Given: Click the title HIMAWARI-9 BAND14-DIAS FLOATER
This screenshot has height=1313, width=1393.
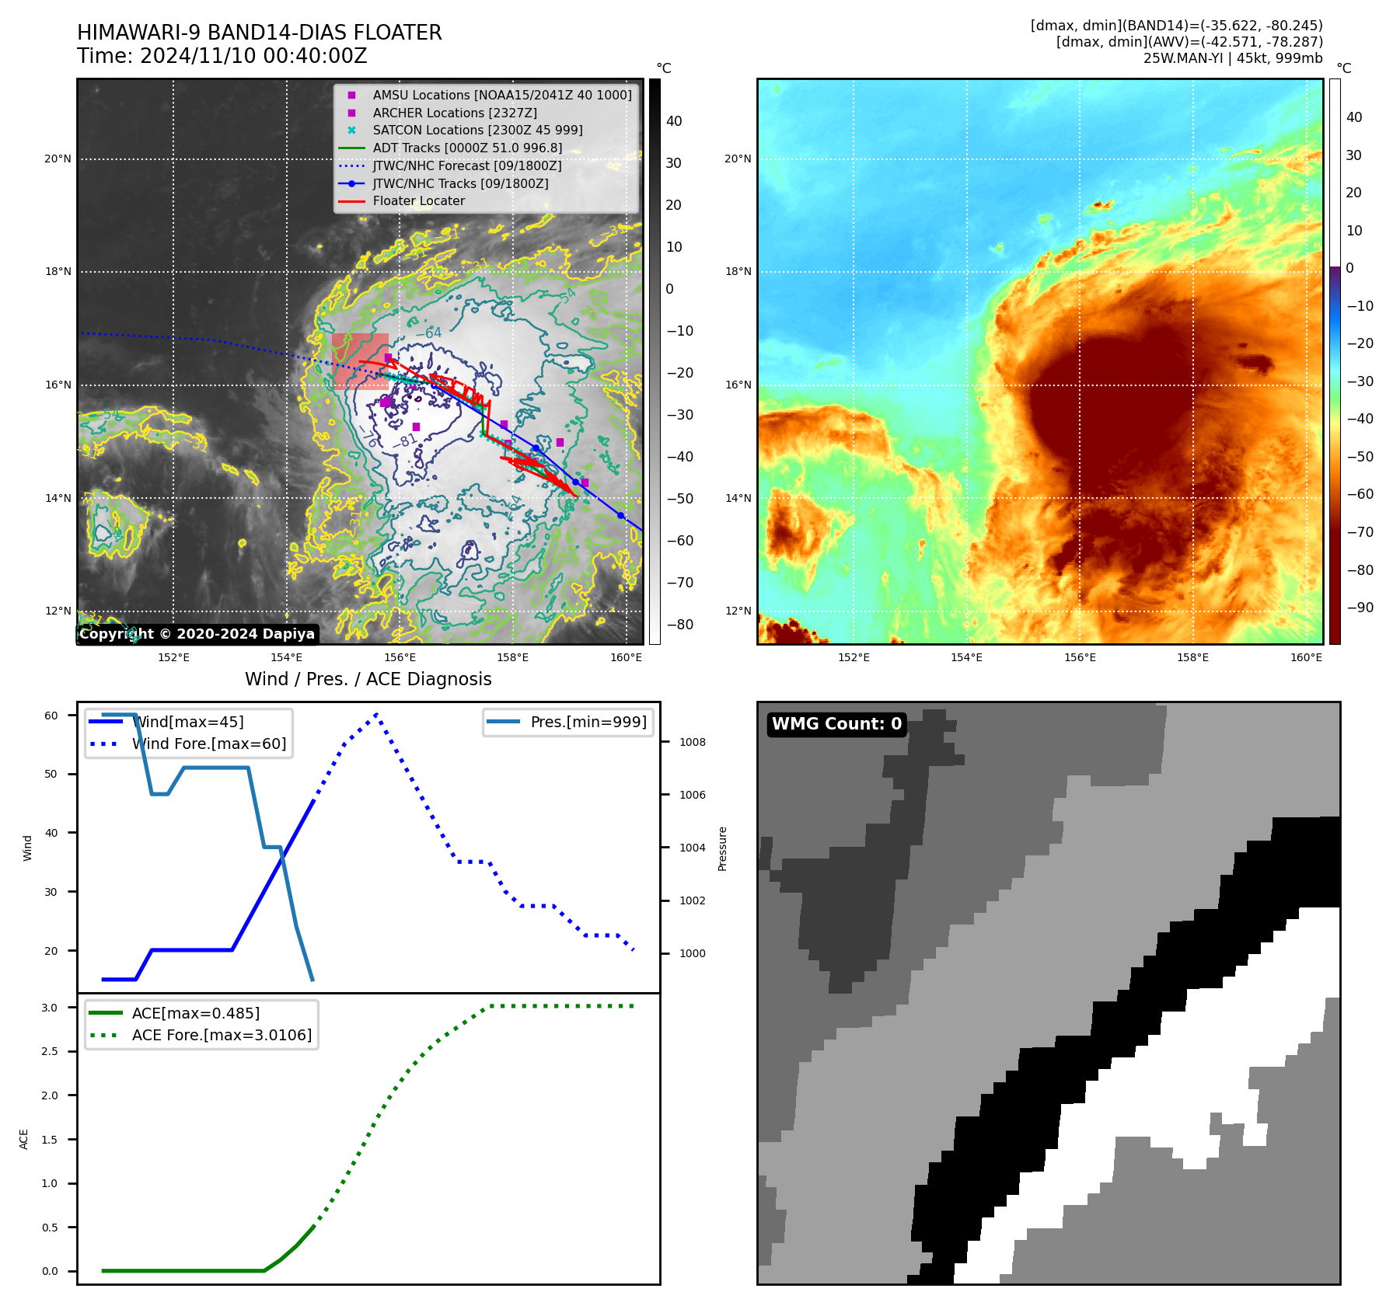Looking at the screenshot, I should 259,33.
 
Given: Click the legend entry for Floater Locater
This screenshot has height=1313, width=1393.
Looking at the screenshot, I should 418,200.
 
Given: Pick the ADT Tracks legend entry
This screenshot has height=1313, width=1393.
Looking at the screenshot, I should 466,148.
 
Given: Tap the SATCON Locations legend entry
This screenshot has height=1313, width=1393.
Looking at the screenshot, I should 477,130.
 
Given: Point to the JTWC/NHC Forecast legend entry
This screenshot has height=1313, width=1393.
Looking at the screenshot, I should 466,165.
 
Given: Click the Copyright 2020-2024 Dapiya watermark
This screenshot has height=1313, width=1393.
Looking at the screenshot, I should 197,634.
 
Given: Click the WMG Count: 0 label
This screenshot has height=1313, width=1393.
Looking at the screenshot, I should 836,724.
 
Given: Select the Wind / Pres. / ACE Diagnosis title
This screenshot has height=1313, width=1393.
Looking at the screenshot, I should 368,679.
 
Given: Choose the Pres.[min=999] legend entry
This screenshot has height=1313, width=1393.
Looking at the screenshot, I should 588,722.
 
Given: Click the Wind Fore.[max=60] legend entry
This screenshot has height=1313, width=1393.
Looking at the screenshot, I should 208,744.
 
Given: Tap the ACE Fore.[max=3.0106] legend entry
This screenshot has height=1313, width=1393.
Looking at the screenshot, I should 222,1035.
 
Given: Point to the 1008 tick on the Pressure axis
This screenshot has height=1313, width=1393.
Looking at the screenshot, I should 692,742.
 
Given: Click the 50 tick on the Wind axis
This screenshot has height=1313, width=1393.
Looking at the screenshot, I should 51,774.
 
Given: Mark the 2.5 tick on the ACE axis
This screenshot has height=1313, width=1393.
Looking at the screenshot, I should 50,1051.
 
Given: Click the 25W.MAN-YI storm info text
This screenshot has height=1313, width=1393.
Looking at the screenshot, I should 1232,58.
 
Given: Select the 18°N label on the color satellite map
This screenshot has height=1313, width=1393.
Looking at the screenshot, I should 738,272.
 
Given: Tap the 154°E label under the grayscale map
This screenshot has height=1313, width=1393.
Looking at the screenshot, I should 286,657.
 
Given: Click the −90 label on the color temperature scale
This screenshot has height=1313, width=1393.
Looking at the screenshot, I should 1360,608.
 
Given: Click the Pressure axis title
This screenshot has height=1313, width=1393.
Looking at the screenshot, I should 722,848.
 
